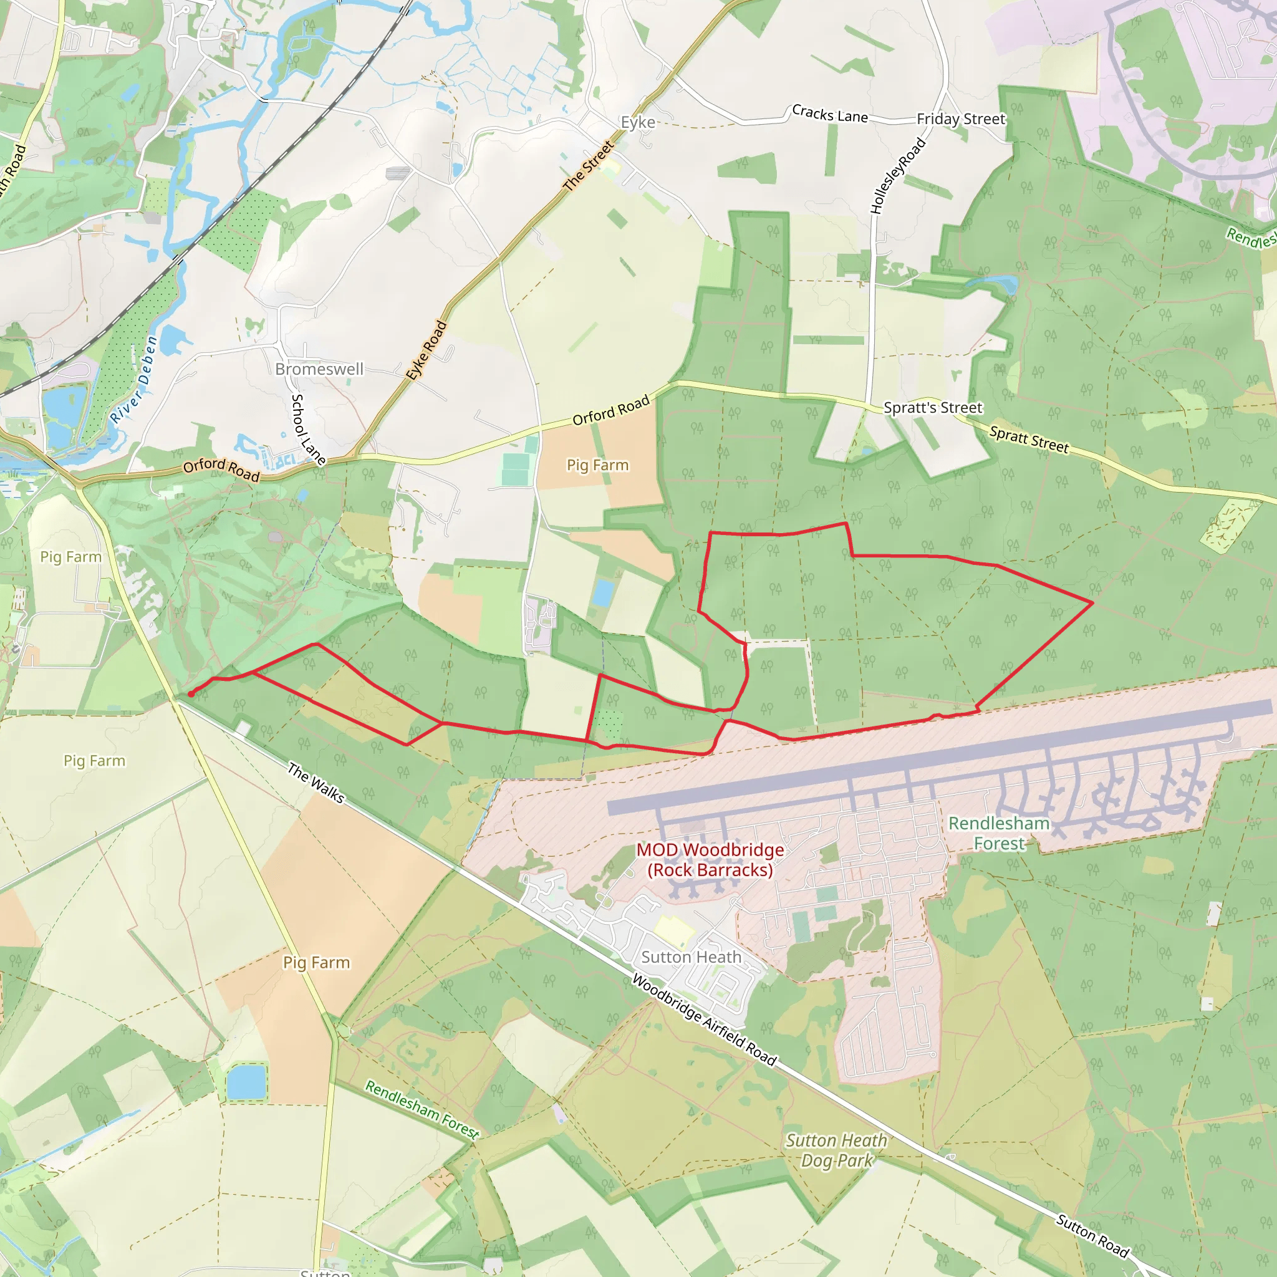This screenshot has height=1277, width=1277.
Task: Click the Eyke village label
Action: (638, 122)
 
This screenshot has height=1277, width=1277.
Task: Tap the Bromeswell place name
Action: (319, 369)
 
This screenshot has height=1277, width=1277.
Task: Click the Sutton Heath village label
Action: (692, 957)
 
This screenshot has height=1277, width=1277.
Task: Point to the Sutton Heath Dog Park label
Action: (836, 1150)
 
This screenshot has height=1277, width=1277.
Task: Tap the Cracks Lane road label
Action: (829, 114)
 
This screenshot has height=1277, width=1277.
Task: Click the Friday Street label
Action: (960, 119)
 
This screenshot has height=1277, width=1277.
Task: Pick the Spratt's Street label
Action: (933, 408)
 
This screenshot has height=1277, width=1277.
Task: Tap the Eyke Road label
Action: (426, 350)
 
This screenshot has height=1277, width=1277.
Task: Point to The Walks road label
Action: (316, 783)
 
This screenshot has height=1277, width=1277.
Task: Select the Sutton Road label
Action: (1092, 1235)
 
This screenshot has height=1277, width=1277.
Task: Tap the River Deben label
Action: (134, 379)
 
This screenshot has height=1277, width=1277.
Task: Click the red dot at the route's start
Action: (191, 694)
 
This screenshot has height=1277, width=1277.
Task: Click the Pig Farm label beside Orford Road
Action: (597, 465)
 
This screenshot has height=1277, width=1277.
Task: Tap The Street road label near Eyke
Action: (588, 166)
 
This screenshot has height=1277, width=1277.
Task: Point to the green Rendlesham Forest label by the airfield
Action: (999, 833)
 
